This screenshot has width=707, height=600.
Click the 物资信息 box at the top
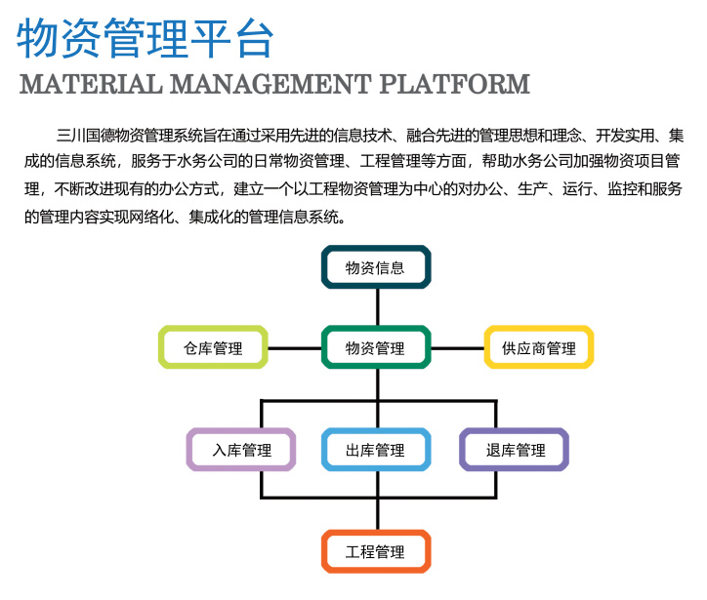click(x=376, y=267)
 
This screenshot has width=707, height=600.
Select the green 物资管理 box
click(x=376, y=347)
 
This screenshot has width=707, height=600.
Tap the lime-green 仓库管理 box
click(x=213, y=347)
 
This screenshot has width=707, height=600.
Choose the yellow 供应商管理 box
click(x=539, y=347)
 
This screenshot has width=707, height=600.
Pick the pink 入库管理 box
click(x=240, y=450)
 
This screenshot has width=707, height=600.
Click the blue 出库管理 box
click(x=376, y=450)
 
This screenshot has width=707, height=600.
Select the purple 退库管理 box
click(x=515, y=450)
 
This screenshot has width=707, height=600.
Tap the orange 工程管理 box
click(x=376, y=551)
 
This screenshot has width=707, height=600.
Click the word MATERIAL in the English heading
click(x=90, y=84)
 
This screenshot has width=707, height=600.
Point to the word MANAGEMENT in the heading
click(x=270, y=84)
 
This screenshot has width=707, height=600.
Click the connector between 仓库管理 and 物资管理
click(x=295, y=347)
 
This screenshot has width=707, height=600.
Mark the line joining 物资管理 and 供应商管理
click(x=458, y=347)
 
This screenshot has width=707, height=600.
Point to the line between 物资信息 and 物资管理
click(x=377, y=307)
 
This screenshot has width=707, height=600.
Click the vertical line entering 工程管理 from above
click(x=377, y=514)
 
